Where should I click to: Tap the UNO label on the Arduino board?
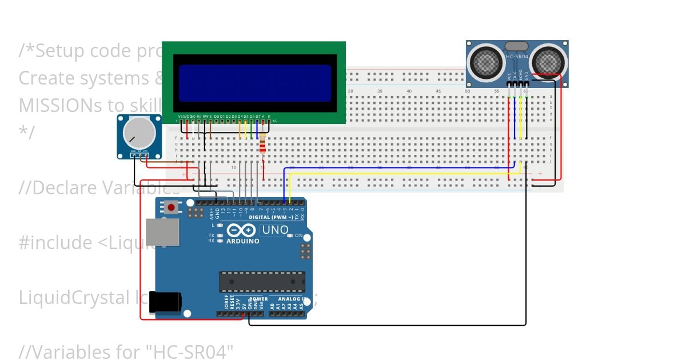coord(275,230)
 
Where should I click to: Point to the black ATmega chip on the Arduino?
coord(262,282)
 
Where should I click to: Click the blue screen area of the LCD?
coord(255,83)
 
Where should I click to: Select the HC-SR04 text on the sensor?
coord(517,57)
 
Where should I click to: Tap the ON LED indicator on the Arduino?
coord(290,235)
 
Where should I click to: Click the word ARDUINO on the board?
coord(243,241)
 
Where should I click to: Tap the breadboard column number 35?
coord(380,91)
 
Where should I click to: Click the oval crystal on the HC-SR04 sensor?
coord(517,46)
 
